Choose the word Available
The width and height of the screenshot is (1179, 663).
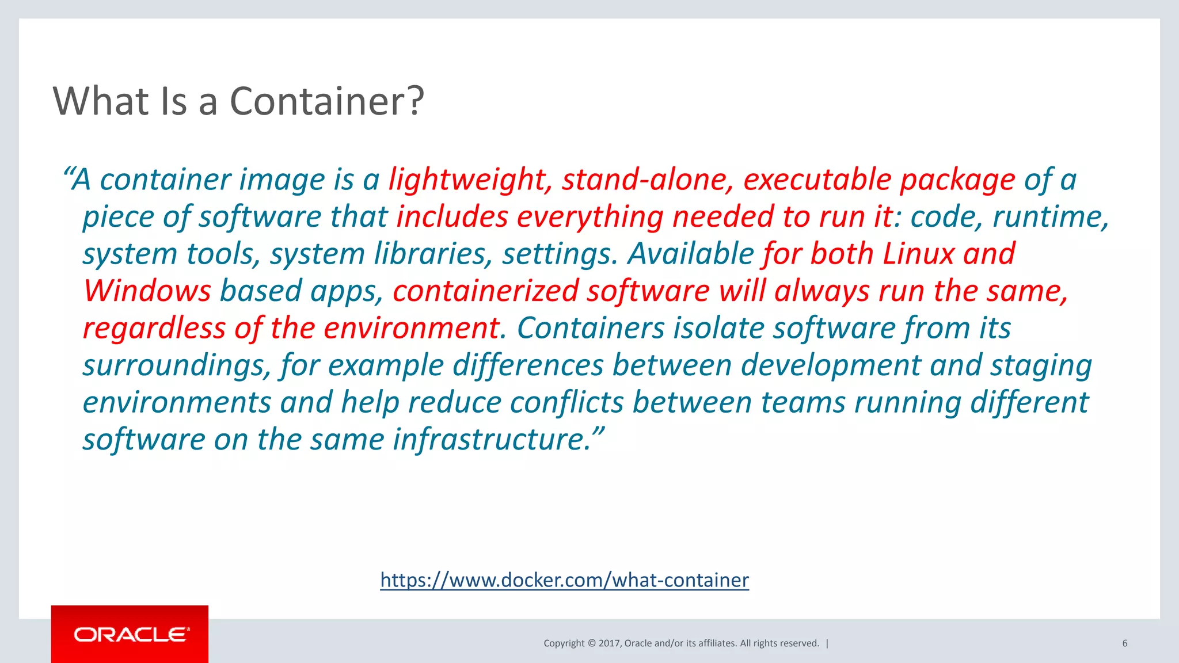point(691,254)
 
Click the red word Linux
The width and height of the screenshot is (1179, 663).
point(918,254)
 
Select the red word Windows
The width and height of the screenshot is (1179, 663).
point(147,291)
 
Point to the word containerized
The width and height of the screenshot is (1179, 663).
point(485,291)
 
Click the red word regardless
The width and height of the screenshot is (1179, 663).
point(154,328)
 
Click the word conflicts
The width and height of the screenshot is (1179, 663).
point(566,402)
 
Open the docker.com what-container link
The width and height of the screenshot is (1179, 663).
point(564,580)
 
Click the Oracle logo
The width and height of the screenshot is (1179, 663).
point(130,634)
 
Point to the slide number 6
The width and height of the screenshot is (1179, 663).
point(1124,643)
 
